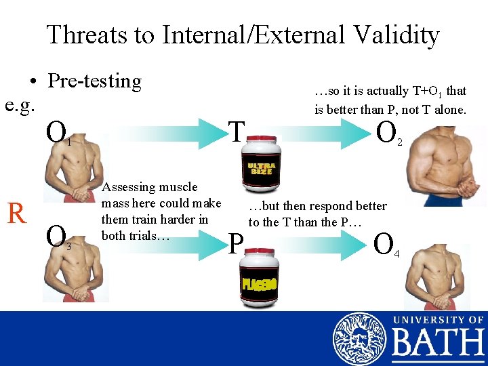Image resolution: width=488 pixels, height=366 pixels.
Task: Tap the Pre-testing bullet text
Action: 95,81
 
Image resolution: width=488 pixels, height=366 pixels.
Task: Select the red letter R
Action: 17,213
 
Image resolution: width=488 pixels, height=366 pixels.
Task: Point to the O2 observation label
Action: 388,132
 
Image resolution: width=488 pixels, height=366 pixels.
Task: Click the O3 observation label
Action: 57,238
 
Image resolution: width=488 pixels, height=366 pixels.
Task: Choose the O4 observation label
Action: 387,244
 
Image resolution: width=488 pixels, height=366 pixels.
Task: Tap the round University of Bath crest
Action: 359,339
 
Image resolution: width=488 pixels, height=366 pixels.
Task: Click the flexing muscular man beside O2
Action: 447,166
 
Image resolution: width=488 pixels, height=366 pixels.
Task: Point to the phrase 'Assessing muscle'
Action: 150,187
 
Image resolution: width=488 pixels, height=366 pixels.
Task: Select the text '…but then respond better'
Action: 317,206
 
